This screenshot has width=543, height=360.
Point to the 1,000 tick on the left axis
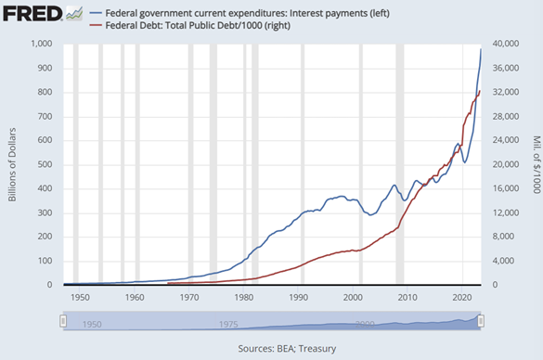click(40, 45)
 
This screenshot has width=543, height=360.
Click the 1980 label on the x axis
click(244, 297)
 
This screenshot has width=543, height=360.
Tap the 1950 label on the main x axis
click(80, 297)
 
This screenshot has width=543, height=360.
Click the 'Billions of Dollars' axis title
click(11, 164)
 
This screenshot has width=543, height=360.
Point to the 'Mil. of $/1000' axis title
click(535, 164)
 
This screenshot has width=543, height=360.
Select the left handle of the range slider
click(64, 321)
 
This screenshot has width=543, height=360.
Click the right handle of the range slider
click(481, 321)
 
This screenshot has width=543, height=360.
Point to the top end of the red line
click(479, 91)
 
